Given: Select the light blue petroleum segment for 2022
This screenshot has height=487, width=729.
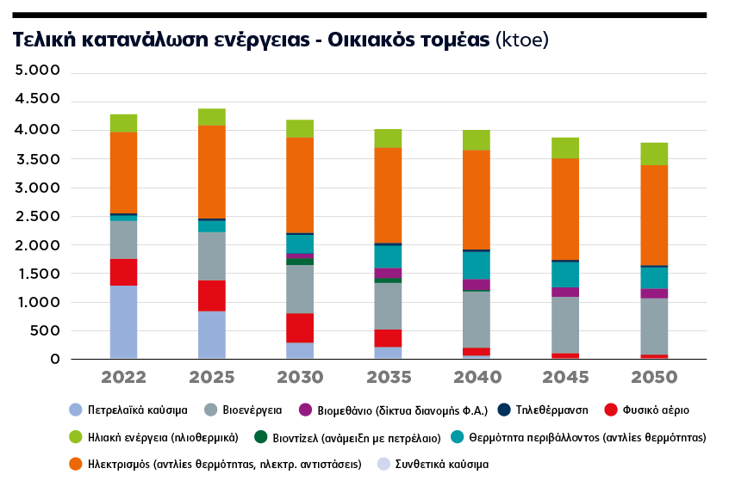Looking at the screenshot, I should point(123,322).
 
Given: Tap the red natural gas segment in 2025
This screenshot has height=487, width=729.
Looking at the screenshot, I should point(212,295).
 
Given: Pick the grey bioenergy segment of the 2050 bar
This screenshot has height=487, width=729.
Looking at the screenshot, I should point(654,326).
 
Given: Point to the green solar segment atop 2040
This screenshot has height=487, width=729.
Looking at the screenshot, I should point(477,140).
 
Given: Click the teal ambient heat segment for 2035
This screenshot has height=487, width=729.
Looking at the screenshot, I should point(388,256).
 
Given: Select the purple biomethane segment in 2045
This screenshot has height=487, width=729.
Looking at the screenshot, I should point(565,292).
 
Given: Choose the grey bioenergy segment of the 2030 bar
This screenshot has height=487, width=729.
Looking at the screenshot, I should point(300,289).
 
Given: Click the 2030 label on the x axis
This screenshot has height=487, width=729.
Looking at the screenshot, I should point(300,377).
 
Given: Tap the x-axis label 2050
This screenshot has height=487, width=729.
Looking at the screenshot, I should point(654,377).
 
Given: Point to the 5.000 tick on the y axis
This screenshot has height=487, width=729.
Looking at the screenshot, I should point(37,72).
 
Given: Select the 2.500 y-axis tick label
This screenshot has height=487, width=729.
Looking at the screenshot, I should point(37,216).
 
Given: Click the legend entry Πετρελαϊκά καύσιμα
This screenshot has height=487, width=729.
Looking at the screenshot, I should point(138,410).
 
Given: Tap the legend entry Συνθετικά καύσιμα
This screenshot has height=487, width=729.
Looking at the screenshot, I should point(441,465).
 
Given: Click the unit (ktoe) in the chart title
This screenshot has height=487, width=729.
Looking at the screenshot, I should point(521,40).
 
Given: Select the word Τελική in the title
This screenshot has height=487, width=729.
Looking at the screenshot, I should point(41,40).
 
